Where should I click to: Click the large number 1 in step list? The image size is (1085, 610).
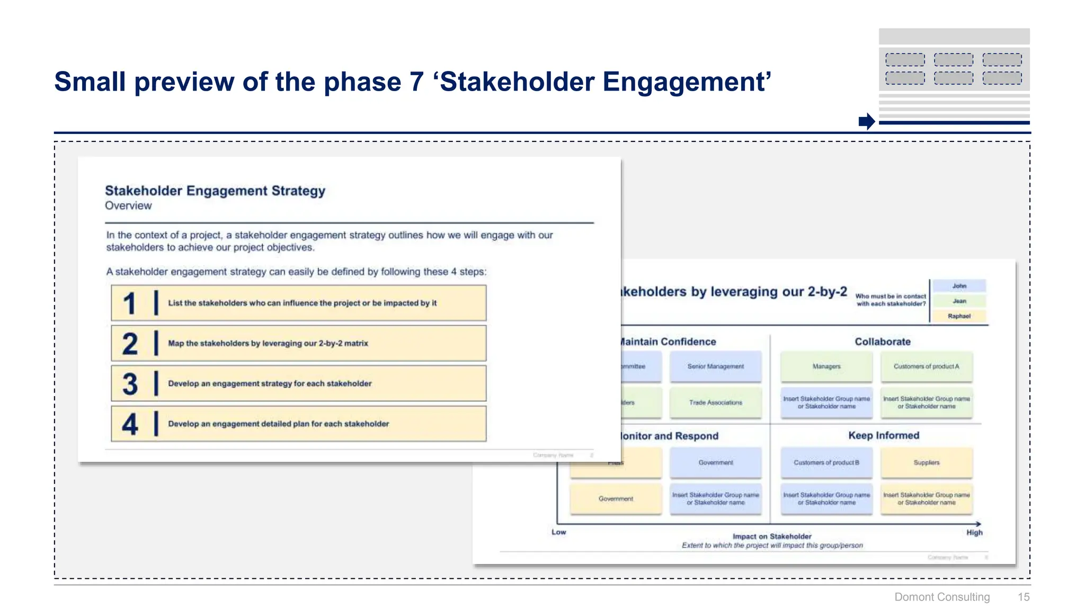point(129,303)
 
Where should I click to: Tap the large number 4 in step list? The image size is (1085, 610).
point(130,424)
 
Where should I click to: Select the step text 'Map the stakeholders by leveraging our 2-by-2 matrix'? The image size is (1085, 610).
point(268,343)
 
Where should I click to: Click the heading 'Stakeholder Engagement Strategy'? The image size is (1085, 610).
point(215,191)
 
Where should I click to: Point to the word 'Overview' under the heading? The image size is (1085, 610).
point(128,205)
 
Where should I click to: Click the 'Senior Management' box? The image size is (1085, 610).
point(715,366)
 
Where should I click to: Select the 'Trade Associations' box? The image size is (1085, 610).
point(715,402)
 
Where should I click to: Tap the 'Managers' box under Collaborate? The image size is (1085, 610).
point(826,366)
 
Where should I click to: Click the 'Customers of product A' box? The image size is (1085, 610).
point(926,366)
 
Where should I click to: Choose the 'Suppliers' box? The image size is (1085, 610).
point(926,462)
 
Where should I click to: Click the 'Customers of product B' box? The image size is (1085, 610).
point(826,462)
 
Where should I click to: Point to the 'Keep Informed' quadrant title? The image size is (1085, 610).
point(884,435)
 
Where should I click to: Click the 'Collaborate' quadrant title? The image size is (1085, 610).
point(883,342)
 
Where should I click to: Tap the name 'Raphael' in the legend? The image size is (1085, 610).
point(959,316)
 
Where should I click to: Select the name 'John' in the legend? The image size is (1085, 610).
point(959,286)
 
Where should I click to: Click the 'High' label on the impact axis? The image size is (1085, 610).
point(974,533)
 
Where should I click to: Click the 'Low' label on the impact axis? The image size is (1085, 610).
point(559,532)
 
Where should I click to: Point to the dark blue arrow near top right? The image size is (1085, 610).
point(867,121)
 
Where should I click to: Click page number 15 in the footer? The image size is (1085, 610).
point(1023,597)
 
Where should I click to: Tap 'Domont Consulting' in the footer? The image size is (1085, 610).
point(942,597)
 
